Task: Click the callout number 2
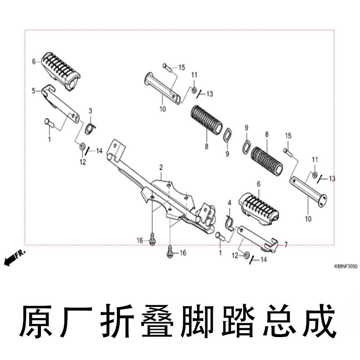click(x=161, y=167)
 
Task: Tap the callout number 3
click(x=90, y=111)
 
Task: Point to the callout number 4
click(x=229, y=203)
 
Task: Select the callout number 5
click(x=33, y=91)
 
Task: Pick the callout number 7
click(x=286, y=245)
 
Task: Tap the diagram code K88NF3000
click(x=346, y=266)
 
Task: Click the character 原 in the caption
click(x=36, y=321)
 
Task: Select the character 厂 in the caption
click(x=76, y=321)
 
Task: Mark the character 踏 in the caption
click(x=238, y=321)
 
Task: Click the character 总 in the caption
click(x=279, y=321)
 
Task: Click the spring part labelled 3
click(x=90, y=129)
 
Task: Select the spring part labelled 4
click(x=230, y=222)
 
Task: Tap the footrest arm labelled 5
click(x=61, y=103)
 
